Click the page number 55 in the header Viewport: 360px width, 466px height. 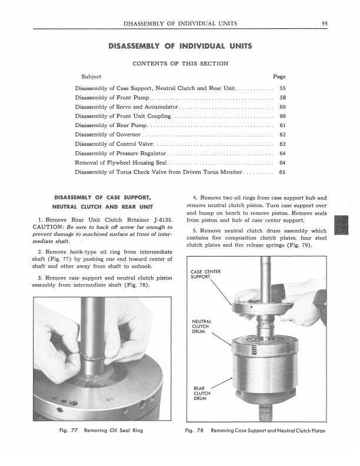coord(324,24)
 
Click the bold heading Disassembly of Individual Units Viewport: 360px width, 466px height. coord(180,45)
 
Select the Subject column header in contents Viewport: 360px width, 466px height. coord(91,76)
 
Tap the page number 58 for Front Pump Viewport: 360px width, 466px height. coord(282,98)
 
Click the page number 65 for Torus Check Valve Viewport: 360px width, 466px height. coord(282,172)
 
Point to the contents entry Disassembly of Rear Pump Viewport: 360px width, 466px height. coord(110,126)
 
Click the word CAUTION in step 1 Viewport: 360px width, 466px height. coord(50,228)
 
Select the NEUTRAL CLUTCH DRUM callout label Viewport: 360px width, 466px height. coord(202,326)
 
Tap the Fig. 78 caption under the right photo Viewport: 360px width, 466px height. coord(255,431)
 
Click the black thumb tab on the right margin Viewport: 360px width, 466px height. coord(341,226)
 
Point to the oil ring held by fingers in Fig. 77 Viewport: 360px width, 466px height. coord(94,356)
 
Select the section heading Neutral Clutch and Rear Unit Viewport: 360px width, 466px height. coord(103,207)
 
